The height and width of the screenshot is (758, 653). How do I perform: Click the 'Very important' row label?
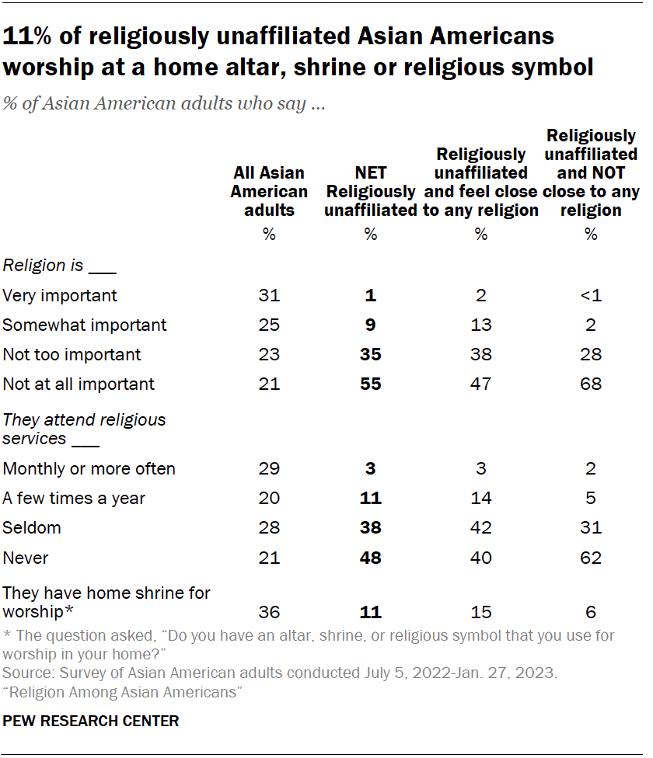click(x=60, y=295)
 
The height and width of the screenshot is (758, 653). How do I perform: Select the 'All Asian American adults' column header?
click(x=269, y=191)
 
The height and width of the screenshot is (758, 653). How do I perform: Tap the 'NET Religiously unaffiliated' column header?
click(x=370, y=191)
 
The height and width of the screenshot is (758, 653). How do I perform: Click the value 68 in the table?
click(x=591, y=384)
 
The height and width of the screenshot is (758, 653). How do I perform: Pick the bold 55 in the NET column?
click(x=370, y=384)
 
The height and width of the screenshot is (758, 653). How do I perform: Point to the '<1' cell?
click(x=591, y=295)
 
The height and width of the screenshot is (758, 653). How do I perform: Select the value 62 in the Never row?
click(x=591, y=557)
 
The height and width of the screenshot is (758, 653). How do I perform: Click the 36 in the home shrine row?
click(x=269, y=612)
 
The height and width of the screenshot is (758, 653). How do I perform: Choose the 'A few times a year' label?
click(x=74, y=498)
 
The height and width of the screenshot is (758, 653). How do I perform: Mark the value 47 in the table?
click(x=480, y=384)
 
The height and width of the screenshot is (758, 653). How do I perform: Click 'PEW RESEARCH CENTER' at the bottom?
click(x=91, y=721)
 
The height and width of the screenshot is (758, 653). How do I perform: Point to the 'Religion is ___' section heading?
click(x=59, y=266)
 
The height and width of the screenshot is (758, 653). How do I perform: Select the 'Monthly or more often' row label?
click(x=89, y=468)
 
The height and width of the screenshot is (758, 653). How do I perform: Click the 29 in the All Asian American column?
click(x=269, y=468)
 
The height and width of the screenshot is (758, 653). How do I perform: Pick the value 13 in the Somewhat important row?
click(x=480, y=325)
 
